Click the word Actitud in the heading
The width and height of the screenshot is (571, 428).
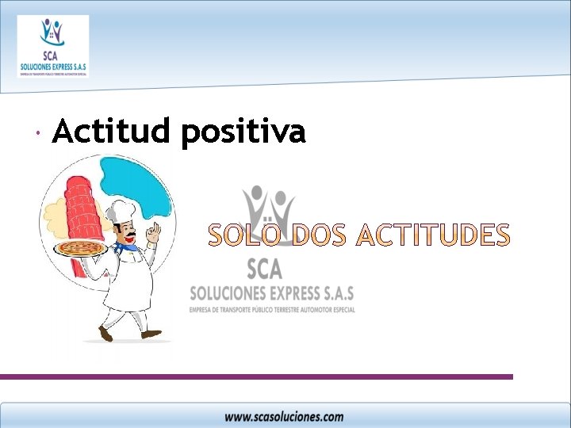click(x=111, y=132)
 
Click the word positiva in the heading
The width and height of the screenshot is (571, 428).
click(x=243, y=133)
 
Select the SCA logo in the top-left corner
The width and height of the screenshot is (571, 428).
click(x=52, y=46)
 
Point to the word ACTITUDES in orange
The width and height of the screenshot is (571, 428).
click(x=432, y=235)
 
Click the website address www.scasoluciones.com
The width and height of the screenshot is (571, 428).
click(x=284, y=416)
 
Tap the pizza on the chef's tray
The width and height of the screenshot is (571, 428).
click(x=79, y=249)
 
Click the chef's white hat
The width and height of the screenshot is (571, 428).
click(x=122, y=210)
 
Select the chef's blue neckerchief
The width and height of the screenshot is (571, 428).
click(x=127, y=246)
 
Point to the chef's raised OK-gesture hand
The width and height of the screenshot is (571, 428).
click(x=154, y=233)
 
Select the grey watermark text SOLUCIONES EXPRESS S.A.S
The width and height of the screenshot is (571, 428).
click(x=271, y=292)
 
